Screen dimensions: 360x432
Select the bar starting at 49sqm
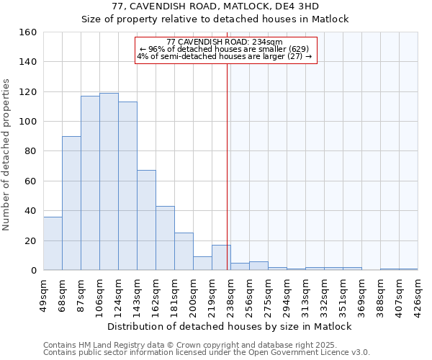53,243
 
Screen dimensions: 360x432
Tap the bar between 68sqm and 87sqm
71,203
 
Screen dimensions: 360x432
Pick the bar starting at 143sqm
146,220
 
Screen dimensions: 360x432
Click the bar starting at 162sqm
165,238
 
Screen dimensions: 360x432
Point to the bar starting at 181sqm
184,251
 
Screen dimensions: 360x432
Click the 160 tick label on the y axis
28,32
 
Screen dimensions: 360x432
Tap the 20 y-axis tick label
31,240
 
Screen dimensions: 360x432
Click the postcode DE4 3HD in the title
328,6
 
